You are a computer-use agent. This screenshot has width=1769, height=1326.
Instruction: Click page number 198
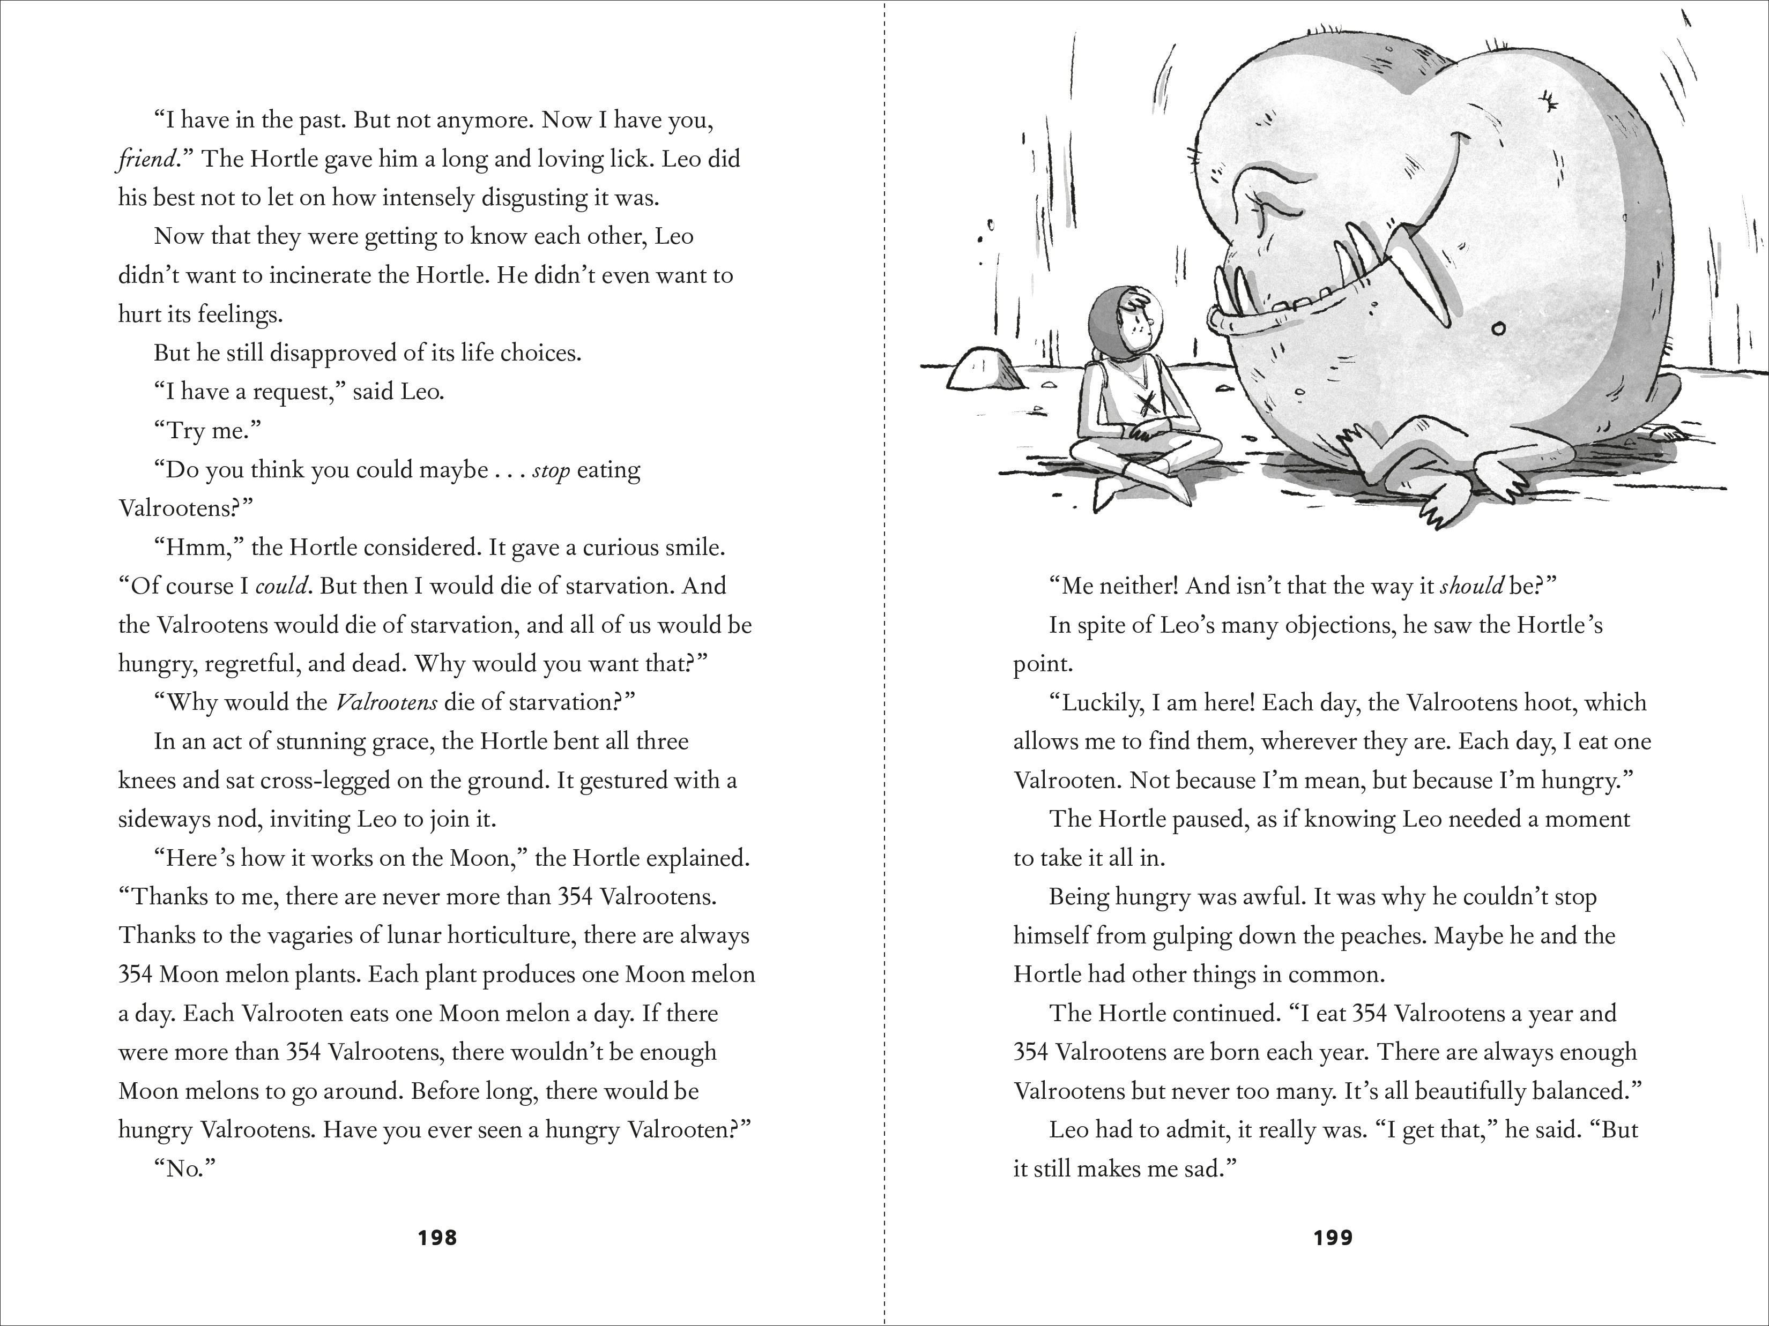[x=437, y=1238]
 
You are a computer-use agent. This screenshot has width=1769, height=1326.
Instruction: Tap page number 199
[x=1333, y=1238]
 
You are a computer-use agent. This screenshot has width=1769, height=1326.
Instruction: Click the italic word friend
[x=146, y=159]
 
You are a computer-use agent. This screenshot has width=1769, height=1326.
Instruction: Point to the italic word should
[x=1471, y=587]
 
